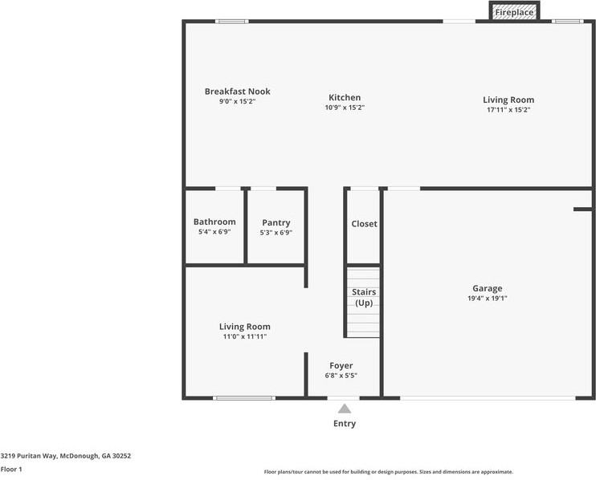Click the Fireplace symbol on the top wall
(x=514, y=12)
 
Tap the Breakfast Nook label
(x=237, y=92)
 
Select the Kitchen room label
(x=345, y=97)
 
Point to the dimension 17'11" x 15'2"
(x=508, y=109)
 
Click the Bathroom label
(x=214, y=222)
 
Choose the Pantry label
(x=276, y=223)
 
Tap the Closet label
(x=364, y=224)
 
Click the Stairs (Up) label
(x=363, y=297)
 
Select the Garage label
(x=487, y=288)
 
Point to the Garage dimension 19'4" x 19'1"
(x=487, y=298)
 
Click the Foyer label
(x=341, y=366)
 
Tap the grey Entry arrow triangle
(x=344, y=409)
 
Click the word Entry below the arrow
(x=344, y=424)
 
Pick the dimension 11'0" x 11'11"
(x=245, y=336)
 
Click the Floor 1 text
(x=11, y=469)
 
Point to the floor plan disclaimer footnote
(x=388, y=472)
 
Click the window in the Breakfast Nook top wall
(x=232, y=21)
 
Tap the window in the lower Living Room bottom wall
(x=243, y=397)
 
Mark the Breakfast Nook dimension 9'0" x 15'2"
(x=237, y=101)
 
